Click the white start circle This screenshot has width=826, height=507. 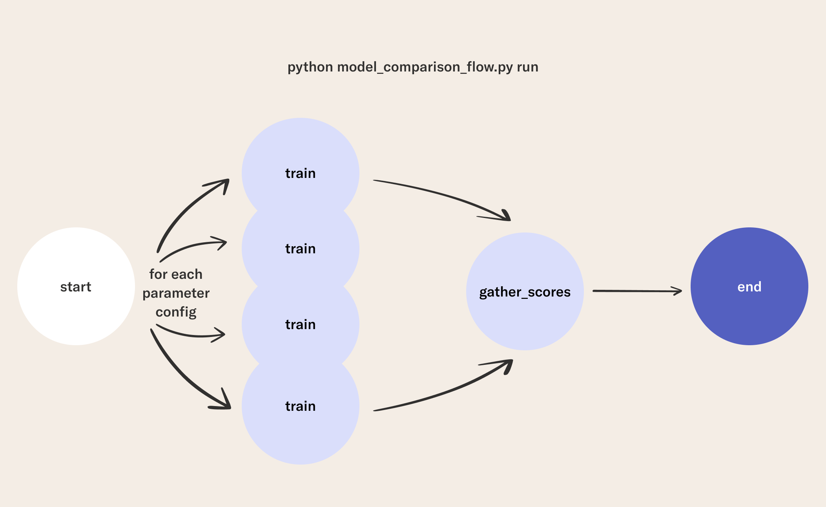[76, 286]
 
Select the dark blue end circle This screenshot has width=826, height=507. [749, 286]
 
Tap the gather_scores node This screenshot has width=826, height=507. [525, 291]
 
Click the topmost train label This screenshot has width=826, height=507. [300, 173]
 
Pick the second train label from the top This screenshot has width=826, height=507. [300, 249]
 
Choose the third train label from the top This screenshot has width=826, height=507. [300, 324]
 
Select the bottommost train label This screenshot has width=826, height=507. [300, 406]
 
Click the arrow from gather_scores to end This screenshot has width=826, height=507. [637, 291]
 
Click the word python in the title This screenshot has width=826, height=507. [310, 68]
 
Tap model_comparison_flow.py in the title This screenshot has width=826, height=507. [425, 68]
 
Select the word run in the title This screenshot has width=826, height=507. [528, 68]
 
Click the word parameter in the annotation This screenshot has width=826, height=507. [176, 294]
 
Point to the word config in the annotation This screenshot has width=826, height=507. [176, 312]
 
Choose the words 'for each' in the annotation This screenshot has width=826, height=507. [176, 274]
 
